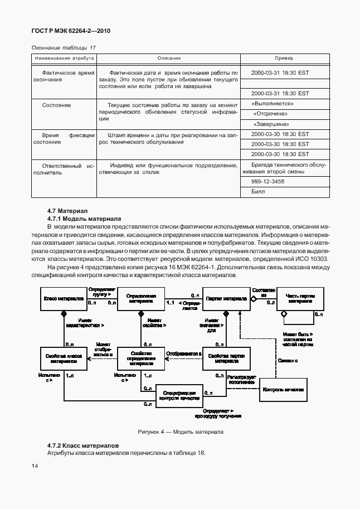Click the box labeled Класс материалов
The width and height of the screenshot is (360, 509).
pos(63,299)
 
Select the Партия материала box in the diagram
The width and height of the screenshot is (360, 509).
pos(226,299)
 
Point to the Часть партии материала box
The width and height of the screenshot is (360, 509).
pos(300,299)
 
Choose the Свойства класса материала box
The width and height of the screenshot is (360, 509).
pos(63,358)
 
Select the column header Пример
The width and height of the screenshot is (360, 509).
pos(284,58)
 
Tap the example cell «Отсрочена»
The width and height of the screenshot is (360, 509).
pos(273,113)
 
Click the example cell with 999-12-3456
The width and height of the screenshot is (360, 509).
pos(267,181)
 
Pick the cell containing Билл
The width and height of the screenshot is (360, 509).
pos(258,191)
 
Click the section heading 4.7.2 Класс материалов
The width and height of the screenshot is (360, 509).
pos(83,446)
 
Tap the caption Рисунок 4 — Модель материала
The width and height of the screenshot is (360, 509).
pos(180,432)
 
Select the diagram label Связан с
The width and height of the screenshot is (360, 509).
pos(288,360)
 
